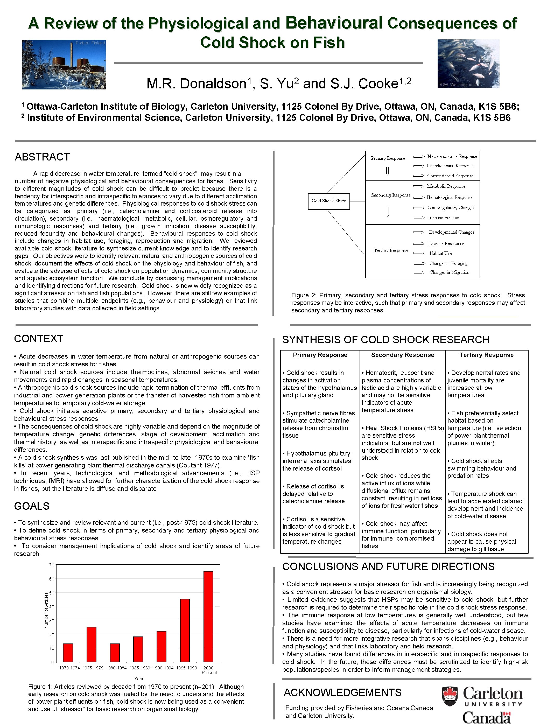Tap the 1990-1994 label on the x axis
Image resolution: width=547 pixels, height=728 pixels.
163,668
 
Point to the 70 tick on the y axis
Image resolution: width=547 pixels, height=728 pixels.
52,565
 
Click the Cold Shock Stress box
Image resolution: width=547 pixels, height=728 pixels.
329,201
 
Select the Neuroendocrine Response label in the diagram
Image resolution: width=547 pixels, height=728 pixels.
452,156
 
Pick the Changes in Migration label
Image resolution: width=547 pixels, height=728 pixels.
449,272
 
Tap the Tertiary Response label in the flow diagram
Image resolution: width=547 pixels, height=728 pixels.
391,250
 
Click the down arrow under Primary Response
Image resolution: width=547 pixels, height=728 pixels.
387,171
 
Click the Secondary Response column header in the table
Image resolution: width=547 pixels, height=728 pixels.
403,355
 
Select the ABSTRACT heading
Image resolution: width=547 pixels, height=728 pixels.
42,157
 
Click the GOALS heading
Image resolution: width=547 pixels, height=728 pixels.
32,506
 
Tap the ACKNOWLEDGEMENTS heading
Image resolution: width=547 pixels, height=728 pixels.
343,692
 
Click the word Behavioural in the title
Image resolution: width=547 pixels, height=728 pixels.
334,23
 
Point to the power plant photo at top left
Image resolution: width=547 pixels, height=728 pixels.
64,65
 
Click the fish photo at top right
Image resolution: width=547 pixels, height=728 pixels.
468,64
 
